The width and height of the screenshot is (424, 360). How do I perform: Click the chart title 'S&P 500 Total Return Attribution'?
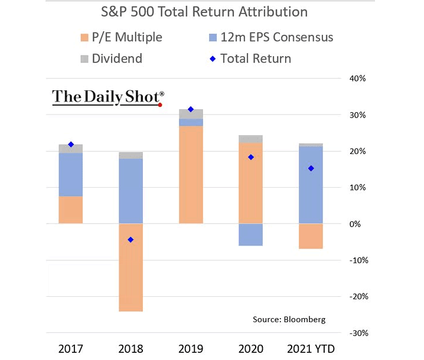tap(212, 12)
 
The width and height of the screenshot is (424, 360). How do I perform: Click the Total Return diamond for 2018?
tap(131, 240)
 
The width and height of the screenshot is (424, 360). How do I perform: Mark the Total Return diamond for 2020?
tap(250, 157)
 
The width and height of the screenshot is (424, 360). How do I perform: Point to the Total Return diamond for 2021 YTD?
tap(311, 168)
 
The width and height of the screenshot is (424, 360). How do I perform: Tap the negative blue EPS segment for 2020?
tap(250, 234)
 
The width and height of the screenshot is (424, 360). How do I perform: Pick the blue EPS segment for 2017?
tap(71, 175)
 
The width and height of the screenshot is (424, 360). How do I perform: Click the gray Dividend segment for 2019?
tap(190, 114)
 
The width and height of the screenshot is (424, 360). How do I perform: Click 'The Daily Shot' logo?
tap(108, 97)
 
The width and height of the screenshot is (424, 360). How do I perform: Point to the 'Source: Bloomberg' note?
tap(289, 319)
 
